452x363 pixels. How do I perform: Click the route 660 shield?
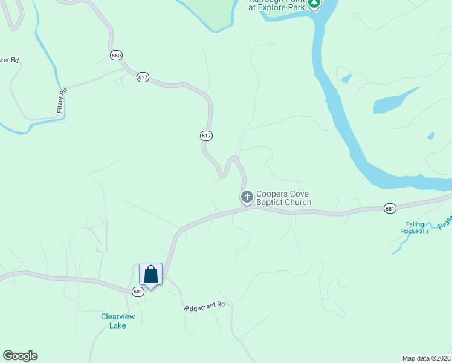pyautogui.click(x=117, y=56)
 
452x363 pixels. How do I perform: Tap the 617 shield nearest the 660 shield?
pyautogui.click(x=143, y=77)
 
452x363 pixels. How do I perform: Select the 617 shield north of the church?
pyautogui.click(x=206, y=136)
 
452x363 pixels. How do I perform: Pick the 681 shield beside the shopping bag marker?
pyautogui.click(x=138, y=291)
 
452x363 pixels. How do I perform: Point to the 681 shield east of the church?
pyautogui.click(x=390, y=209)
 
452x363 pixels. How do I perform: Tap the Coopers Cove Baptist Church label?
pyautogui.click(x=283, y=198)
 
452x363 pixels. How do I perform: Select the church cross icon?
pyautogui.click(x=247, y=197)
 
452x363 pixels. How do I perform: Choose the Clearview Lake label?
pyautogui.click(x=114, y=321)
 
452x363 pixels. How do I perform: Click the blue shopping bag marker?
pyautogui.click(x=150, y=275)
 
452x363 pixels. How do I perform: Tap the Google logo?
pyautogui.click(x=20, y=356)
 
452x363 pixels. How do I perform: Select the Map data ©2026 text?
pyautogui.click(x=426, y=358)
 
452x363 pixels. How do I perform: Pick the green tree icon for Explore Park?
pyautogui.click(x=314, y=4)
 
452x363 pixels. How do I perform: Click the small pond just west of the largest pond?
pyautogui.click(x=346, y=78)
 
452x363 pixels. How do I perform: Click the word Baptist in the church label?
pyautogui.click(x=270, y=202)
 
